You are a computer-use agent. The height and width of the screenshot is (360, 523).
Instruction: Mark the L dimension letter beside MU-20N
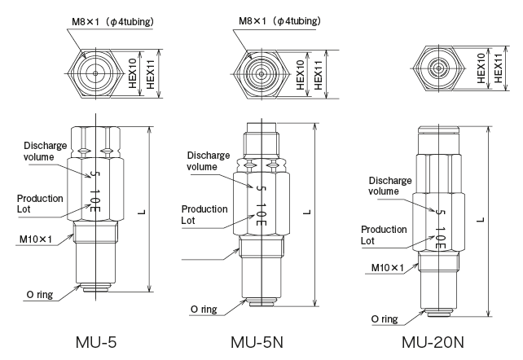click(x=481, y=218)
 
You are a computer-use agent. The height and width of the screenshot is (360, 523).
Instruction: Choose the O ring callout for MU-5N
click(x=205, y=310)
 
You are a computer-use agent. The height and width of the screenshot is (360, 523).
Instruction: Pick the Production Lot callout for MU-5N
click(x=204, y=213)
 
